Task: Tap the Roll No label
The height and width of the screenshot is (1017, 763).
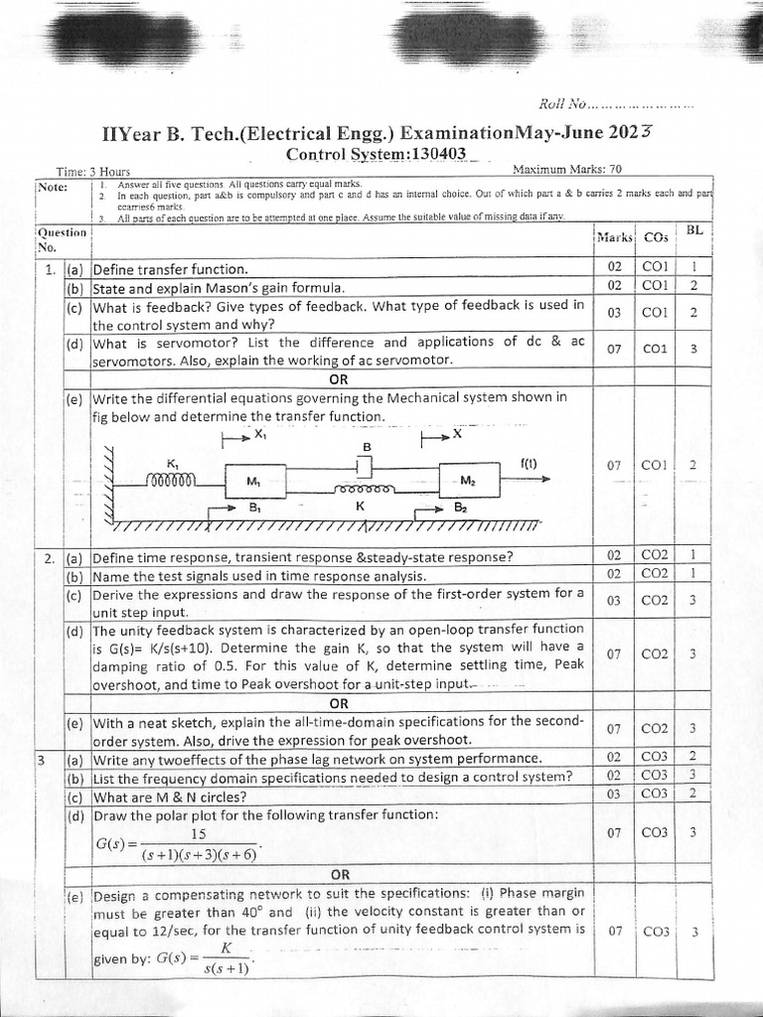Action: pyautogui.click(x=562, y=103)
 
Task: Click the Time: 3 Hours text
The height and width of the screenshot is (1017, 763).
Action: pyautogui.click(x=87, y=173)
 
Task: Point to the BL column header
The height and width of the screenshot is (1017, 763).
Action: pyautogui.click(x=693, y=230)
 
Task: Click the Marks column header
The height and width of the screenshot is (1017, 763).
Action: pyautogui.click(x=615, y=237)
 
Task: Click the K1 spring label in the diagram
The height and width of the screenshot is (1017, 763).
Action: pyautogui.click(x=173, y=462)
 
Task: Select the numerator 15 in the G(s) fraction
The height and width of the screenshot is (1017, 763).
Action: pyautogui.click(x=198, y=834)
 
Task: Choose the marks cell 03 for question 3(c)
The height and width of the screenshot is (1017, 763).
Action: pyautogui.click(x=614, y=794)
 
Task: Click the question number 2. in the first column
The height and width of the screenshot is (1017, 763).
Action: pyautogui.click(x=49, y=558)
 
